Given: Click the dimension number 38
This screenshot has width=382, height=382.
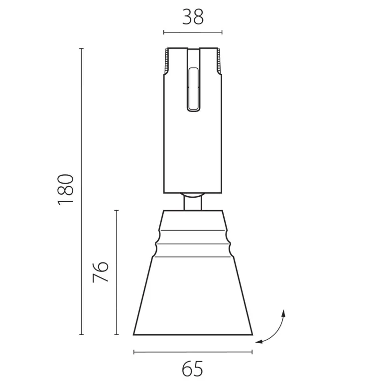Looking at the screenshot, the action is pos(193,17).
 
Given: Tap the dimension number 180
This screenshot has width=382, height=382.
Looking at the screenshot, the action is pos(65,190).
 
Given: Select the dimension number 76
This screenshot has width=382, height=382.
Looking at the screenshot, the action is pos(100,272).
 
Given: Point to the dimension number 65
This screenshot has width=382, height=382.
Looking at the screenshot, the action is pos(192,369).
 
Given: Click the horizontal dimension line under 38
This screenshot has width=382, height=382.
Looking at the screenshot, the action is pos(193,32).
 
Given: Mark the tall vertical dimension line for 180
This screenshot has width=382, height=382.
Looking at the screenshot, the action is pos(82,191).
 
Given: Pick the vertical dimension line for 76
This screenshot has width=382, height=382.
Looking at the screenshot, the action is pos(117,272).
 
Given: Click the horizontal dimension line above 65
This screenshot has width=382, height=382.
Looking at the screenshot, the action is pos(193,352).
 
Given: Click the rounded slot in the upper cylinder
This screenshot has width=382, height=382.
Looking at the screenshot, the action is pos(193,89).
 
